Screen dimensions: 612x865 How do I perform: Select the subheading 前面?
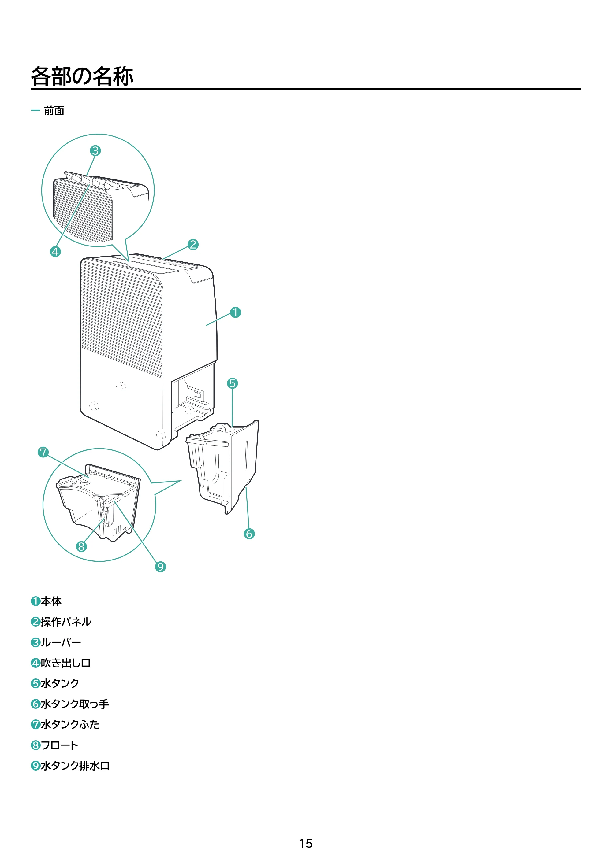pyautogui.click(x=54, y=111)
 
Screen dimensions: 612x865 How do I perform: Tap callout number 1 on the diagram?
pyautogui.click(x=235, y=312)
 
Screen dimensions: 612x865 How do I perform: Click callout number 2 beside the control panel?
pyautogui.click(x=193, y=245)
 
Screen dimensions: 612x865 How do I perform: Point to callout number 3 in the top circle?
pyautogui.click(x=95, y=151)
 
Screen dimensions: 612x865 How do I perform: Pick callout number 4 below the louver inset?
pyautogui.click(x=55, y=252)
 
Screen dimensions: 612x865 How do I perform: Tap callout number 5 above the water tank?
pyautogui.click(x=232, y=383)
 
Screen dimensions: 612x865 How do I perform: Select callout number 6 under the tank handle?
pyautogui.click(x=249, y=534)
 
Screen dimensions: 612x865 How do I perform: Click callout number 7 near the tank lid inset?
pyautogui.click(x=43, y=452)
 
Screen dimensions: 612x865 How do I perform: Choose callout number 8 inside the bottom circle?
pyautogui.click(x=81, y=546)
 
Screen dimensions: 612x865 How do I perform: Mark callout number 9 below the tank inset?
pyautogui.click(x=160, y=567)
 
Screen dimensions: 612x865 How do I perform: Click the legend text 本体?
pyautogui.click(x=51, y=601)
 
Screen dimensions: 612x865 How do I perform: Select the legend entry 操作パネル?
pyautogui.click(x=66, y=622)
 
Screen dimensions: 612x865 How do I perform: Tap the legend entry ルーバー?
pyautogui.click(x=61, y=642)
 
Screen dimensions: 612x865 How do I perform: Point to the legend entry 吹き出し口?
pyautogui.click(x=65, y=663)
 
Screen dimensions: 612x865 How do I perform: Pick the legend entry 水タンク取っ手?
pyautogui.click(x=75, y=704)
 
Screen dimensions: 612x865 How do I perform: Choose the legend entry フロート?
pyautogui.click(x=59, y=745)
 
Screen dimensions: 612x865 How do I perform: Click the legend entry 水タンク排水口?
pyautogui.click(x=75, y=766)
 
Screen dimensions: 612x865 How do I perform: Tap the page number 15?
pyautogui.click(x=306, y=843)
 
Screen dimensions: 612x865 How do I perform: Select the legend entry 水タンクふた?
pyautogui.click(x=70, y=724)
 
